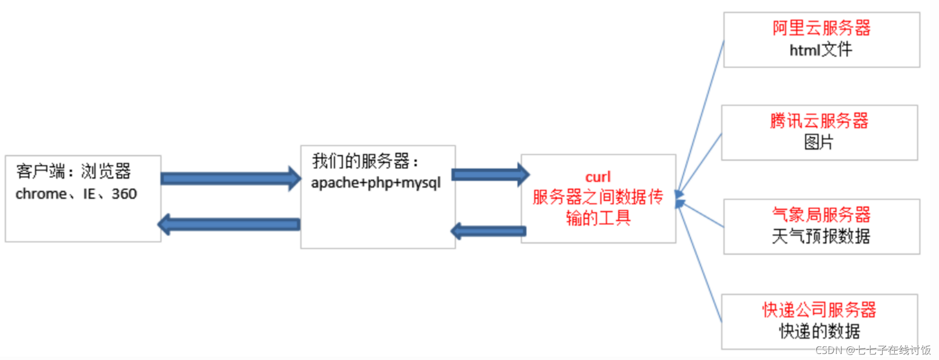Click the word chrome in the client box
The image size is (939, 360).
click(40, 194)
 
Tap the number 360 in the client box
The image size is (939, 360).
click(124, 194)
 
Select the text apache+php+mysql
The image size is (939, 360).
click(376, 183)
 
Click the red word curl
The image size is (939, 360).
click(598, 177)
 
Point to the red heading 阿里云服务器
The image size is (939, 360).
click(821, 28)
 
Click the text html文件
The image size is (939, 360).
click(821, 50)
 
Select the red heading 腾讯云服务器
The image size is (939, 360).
click(819, 121)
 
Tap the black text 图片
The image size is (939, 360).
click(818, 142)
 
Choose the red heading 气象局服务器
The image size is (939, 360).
click(821, 214)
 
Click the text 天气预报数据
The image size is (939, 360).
click(821, 236)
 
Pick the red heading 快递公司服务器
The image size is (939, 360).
click(819, 310)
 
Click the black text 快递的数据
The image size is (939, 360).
click(819, 331)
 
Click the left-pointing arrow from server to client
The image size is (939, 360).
click(229, 224)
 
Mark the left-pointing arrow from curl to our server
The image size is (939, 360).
click(488, 231)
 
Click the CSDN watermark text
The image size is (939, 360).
click(873, 350)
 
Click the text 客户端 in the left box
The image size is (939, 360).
click(40, 171)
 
